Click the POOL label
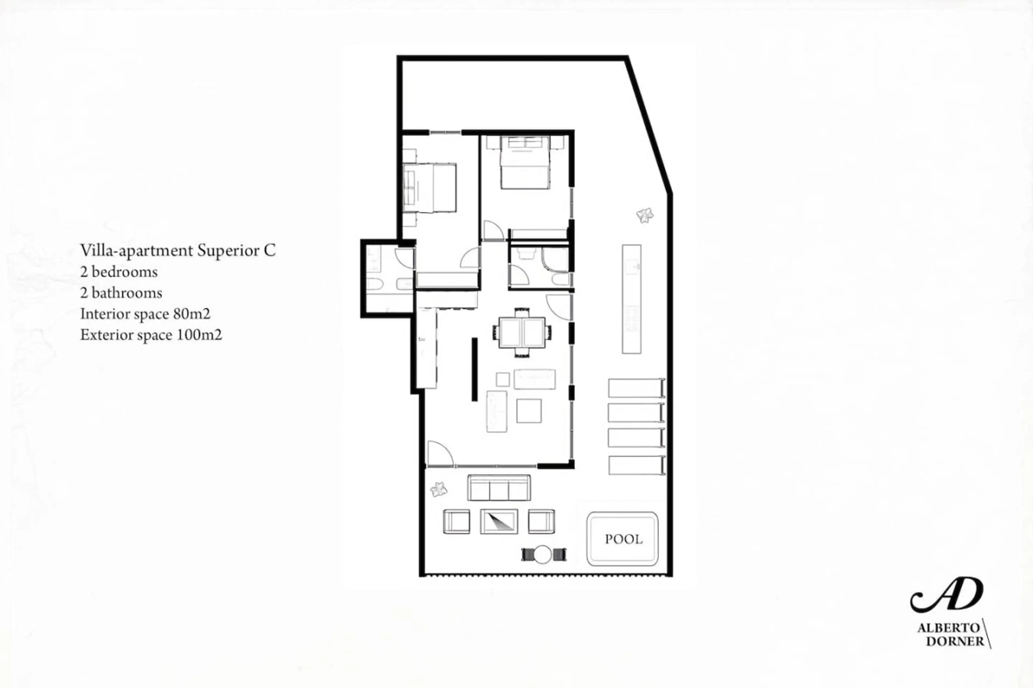[x=623, y=539]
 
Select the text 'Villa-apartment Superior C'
[x=178, y=251]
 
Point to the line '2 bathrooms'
[x=121, y=293]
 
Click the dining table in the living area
[x=522, y=332]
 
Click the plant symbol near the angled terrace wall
[x=645, y=215]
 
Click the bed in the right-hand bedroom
[x=525, y=162]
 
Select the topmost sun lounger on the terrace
[x=636, y=388]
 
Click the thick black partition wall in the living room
[x=475, y=369]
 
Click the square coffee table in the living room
[x=529, y=411]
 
